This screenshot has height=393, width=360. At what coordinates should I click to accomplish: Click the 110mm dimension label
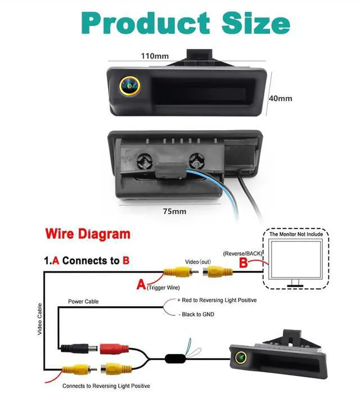click(x=155, y=56)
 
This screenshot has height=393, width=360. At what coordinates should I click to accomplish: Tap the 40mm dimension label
click(x=281, y=98)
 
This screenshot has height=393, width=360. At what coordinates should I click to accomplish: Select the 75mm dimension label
click(x=174, y=211)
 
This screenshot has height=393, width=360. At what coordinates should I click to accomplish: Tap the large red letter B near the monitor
click(x=243, y=262)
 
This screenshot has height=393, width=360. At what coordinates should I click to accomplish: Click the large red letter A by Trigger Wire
click(x=141, y=284)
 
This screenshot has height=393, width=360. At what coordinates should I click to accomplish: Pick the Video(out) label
click(x=197, y=262)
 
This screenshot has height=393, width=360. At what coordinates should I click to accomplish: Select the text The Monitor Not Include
click(x=297, y=234)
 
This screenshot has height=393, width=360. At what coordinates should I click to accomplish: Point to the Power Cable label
click(x=83, y=302)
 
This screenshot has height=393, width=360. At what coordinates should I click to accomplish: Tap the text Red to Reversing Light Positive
click(x=217, y=301)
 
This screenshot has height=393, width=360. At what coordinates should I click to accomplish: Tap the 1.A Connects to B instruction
click(x=87, y=261)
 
